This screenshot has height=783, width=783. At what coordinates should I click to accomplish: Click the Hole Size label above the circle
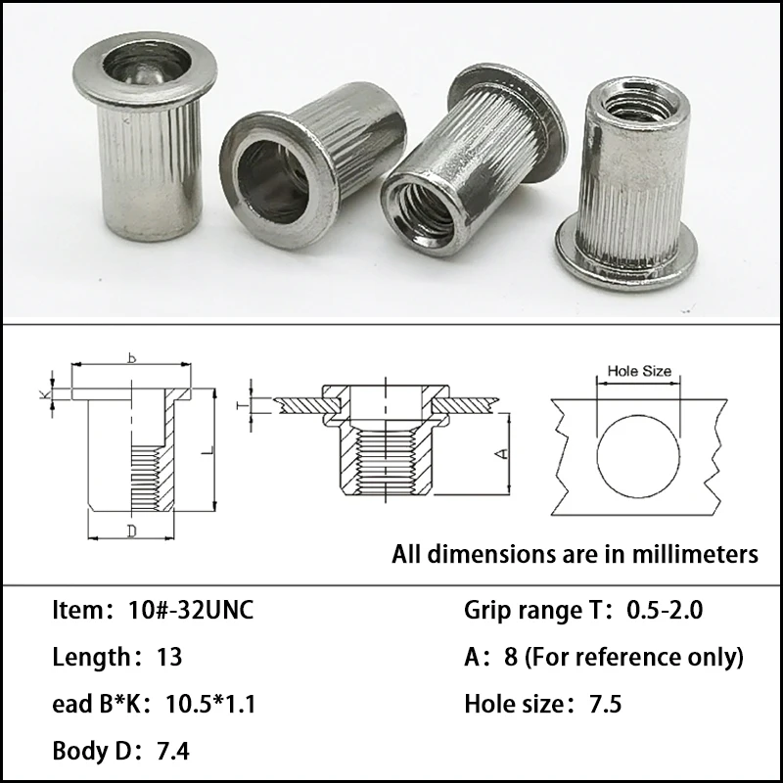click(639, 372)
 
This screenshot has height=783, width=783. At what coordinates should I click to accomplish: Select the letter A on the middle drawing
click(497, 453)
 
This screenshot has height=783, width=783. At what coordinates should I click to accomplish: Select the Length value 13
click(169, 657)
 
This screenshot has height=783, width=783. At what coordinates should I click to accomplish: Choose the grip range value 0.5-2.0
click(664, 614)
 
